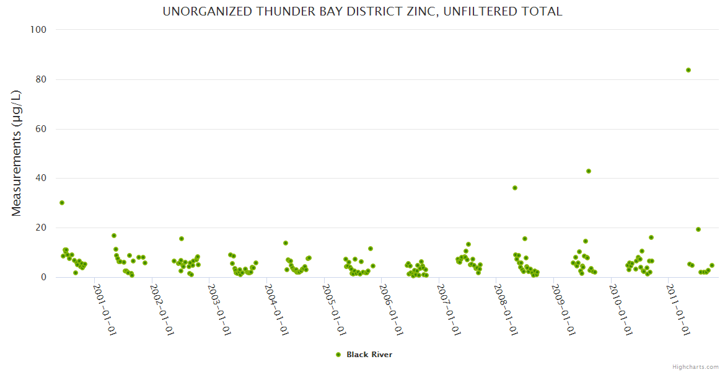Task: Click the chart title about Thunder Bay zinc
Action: point(362,12)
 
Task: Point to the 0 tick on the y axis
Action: point(45,277)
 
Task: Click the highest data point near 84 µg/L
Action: point(688,70)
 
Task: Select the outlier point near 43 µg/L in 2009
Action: point(589,171)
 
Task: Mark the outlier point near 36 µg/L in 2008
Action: point(515,188)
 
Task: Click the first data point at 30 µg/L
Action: point(62,203)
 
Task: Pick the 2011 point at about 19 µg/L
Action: point(698,229)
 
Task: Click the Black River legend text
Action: point(369,355)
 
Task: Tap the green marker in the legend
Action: point(338,355)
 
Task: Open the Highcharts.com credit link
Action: point(695,366)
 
